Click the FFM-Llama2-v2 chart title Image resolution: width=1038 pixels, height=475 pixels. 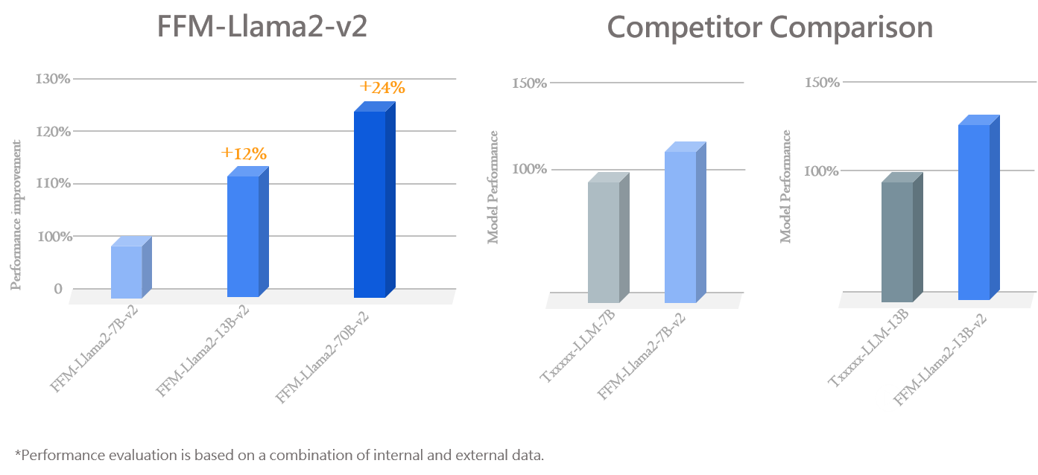tap(262, 28)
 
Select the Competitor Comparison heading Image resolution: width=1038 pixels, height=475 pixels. tap(770, 28)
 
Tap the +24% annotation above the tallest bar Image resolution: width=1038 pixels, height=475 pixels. tap(382, 88)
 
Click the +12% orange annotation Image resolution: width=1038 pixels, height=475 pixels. tap(244, 154)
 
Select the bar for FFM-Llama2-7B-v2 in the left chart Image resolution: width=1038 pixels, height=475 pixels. tap(127, 271)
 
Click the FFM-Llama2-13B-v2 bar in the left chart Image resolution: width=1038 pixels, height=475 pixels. tap(243, 236)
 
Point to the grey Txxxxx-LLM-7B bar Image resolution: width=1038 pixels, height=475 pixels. tap(604, 241)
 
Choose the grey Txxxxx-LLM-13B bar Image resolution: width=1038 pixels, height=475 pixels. tap(897, 241)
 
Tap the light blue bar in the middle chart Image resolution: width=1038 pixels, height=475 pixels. tap(680, 226)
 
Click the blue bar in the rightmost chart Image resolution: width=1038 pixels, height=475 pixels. tap(974, 211)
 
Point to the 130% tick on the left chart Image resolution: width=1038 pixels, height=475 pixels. tap(53, 78)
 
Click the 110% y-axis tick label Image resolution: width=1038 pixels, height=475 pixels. tap(53, 183)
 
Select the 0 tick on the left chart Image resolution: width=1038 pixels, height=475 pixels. tap(58, 289)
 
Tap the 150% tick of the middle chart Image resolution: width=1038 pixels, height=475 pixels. tap(529, 83)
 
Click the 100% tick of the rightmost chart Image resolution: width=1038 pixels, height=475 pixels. tap(822, 171)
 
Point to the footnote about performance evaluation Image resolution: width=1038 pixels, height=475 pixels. tap(279, 455)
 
